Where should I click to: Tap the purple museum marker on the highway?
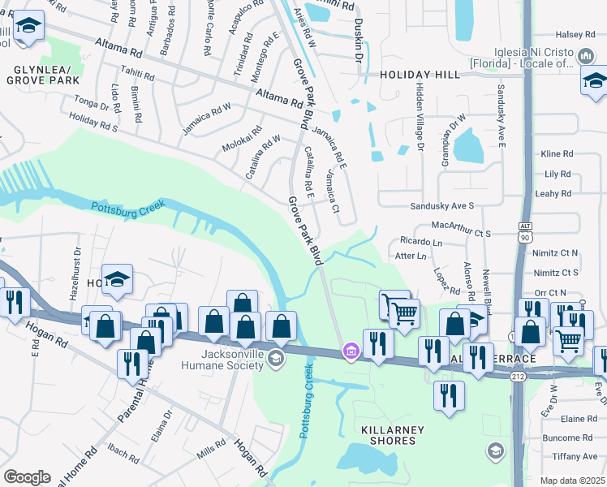(x=351, y=351)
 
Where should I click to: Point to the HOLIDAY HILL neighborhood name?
(x=420, y=75)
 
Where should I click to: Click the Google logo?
(x=27, y=477)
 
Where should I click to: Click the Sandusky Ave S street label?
(x=441, y=206)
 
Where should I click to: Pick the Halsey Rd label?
(x=575, y=34)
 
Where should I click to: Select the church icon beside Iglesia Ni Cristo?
(x=586, y=55)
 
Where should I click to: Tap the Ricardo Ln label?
(x=420, y=242)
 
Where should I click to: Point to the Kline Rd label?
(x=557, y=153)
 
